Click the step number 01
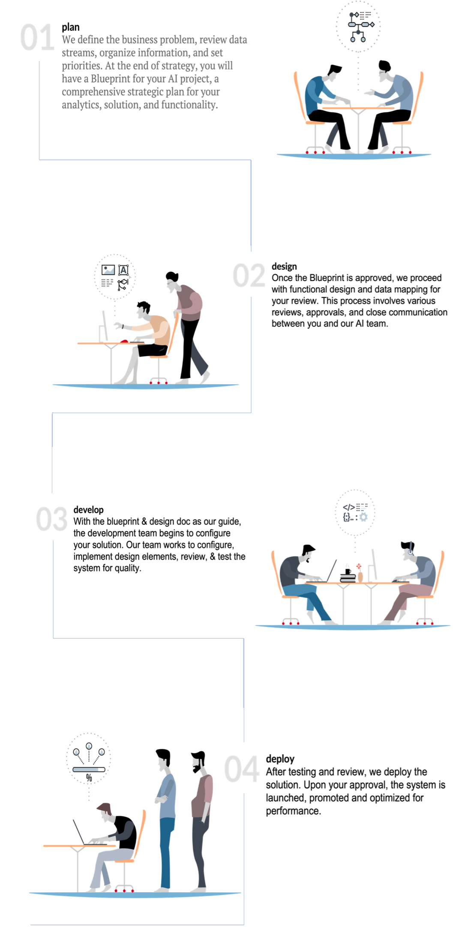pos(37,38)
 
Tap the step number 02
pos(249,276)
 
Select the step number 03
pos(51,519)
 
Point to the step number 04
pos(242,769)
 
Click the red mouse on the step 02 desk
pos(125,341)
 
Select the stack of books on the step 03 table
pos(348,578)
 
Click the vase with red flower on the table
pos(360,573)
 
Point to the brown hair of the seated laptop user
pos(104,808)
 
